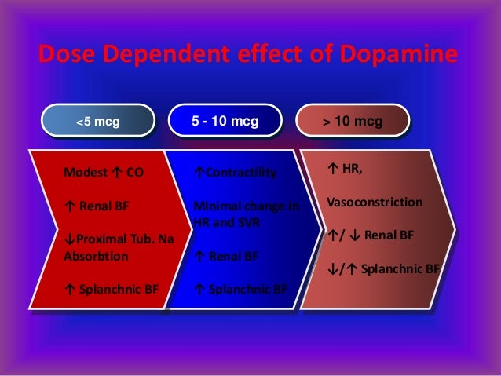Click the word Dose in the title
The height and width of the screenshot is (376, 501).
(x=66, y=57)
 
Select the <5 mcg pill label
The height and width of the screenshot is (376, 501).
(x=97, y=122)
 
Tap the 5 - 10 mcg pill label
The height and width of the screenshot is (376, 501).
(x=225, y=122)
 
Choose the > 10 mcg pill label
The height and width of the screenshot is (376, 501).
(x=353, y=122)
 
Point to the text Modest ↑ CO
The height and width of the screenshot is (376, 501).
(x=104, y=172)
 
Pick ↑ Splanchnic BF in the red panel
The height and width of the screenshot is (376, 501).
(x=111, y=290)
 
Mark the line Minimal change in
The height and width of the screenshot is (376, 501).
(x=246, y=206)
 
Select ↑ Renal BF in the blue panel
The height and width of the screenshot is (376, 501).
(x=225, y=256)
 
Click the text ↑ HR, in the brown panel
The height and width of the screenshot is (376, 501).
(x=343, y=168)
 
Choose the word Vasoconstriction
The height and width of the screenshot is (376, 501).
(x=374, y=203)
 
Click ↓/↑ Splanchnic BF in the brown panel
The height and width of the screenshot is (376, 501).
(x=382, y=268)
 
